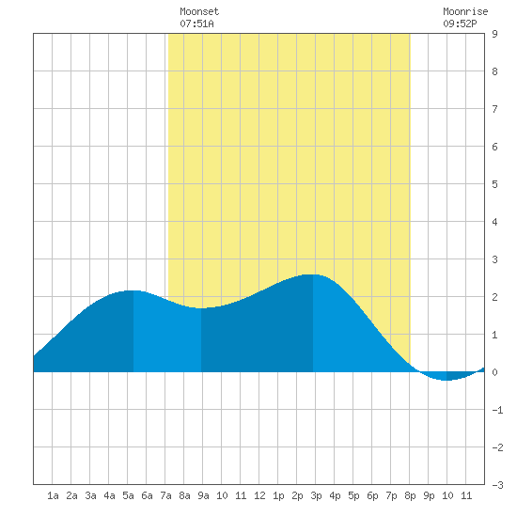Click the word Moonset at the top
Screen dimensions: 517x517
point(199,11)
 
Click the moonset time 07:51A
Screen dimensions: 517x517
point(196,23)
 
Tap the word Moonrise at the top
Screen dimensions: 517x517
point(465,11)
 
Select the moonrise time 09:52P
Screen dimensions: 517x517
point(460,23)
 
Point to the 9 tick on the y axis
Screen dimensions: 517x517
point(494,34)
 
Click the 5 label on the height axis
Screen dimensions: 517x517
point(494,184)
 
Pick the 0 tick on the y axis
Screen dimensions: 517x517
point(494,372)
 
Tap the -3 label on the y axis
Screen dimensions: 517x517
point(497,485)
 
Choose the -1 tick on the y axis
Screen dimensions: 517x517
point(497,410)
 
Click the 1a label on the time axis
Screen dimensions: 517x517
point(53,495)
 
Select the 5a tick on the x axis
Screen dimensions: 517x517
point(128,495)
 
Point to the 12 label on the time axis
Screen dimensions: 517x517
point(259,495)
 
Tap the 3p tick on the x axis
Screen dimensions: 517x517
point(316,495)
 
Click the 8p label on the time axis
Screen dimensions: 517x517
point(410,495)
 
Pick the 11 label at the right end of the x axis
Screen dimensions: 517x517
point(466,495)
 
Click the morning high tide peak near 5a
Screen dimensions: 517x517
point(133,290)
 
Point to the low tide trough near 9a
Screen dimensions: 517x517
point(201,308)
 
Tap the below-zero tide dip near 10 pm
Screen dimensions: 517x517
point(446,380)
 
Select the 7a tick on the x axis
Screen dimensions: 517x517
point(165,495)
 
